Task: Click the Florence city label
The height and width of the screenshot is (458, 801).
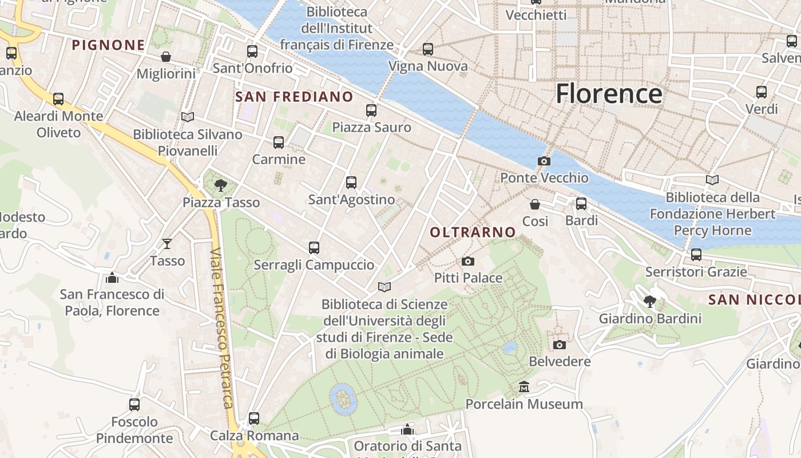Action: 609,93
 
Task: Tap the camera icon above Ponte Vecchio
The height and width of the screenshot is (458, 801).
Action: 544,161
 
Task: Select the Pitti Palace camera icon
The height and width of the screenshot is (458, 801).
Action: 467,262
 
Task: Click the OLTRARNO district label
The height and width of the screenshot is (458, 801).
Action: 473,232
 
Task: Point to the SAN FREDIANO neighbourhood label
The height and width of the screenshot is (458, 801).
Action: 294,97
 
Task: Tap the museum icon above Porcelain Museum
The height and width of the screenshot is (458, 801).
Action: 524,387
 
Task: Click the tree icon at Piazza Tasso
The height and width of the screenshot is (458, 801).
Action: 220,185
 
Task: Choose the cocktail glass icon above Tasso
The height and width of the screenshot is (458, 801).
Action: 166,244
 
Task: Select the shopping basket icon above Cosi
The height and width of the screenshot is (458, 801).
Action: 535,204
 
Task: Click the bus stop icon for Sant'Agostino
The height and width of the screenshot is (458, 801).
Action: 351,183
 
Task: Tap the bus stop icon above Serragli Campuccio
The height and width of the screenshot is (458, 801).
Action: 314,248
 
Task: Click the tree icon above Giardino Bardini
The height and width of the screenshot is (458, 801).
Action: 649,301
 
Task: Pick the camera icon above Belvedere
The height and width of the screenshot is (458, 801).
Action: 559,345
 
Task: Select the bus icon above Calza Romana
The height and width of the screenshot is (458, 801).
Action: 254,418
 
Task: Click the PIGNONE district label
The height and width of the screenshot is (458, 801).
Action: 108,45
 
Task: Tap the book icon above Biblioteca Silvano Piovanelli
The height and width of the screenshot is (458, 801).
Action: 187,117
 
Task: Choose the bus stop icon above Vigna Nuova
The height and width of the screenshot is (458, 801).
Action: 428,49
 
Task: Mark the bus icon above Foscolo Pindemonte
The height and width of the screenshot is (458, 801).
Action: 134,405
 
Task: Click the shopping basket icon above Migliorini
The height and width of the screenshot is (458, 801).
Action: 166,57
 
